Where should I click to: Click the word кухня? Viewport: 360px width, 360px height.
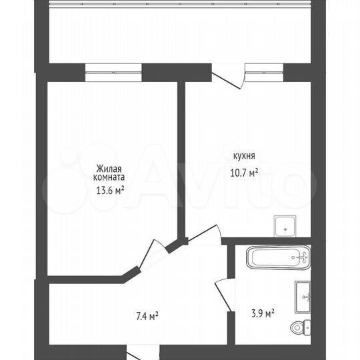(243, 157)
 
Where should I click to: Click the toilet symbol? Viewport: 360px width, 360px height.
(299, 327)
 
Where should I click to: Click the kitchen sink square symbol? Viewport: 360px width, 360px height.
(286, 227)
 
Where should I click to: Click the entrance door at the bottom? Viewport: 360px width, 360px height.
(143, 353)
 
